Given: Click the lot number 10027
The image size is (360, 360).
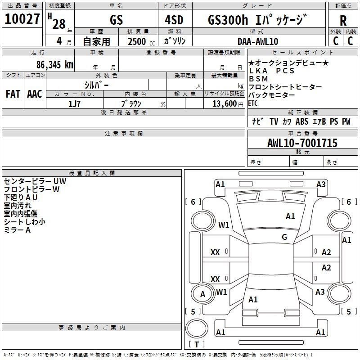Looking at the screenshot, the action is point(22,19).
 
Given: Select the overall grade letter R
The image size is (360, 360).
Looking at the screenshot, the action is point(343,20).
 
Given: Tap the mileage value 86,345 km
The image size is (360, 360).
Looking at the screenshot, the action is point(55,65).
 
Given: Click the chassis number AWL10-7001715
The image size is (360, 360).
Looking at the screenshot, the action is point(302,143).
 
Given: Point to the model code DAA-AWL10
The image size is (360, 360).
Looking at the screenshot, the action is point(258,41).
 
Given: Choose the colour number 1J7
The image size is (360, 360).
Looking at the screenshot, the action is point(74,104).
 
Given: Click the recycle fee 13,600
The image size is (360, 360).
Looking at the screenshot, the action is point(225,103).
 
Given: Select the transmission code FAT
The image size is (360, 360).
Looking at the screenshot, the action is point(13,94).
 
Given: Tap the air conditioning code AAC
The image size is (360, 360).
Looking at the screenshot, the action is point(35,94).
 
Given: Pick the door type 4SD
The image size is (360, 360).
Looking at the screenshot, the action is point(174,20).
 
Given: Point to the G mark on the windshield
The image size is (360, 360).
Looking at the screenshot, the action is point(284,237).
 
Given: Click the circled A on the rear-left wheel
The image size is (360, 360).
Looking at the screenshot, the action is point(202,294).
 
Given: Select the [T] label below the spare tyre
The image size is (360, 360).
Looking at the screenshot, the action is point(197,344).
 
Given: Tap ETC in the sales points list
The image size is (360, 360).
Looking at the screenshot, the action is point(253,103).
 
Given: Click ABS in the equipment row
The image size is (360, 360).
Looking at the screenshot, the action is point(302,121).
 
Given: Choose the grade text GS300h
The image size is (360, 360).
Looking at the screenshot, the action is point(228,20).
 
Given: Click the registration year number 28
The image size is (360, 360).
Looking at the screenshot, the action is point(59,24).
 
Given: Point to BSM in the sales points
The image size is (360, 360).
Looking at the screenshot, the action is point(258,79).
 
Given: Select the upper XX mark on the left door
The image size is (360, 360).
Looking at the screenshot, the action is point(215,252).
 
